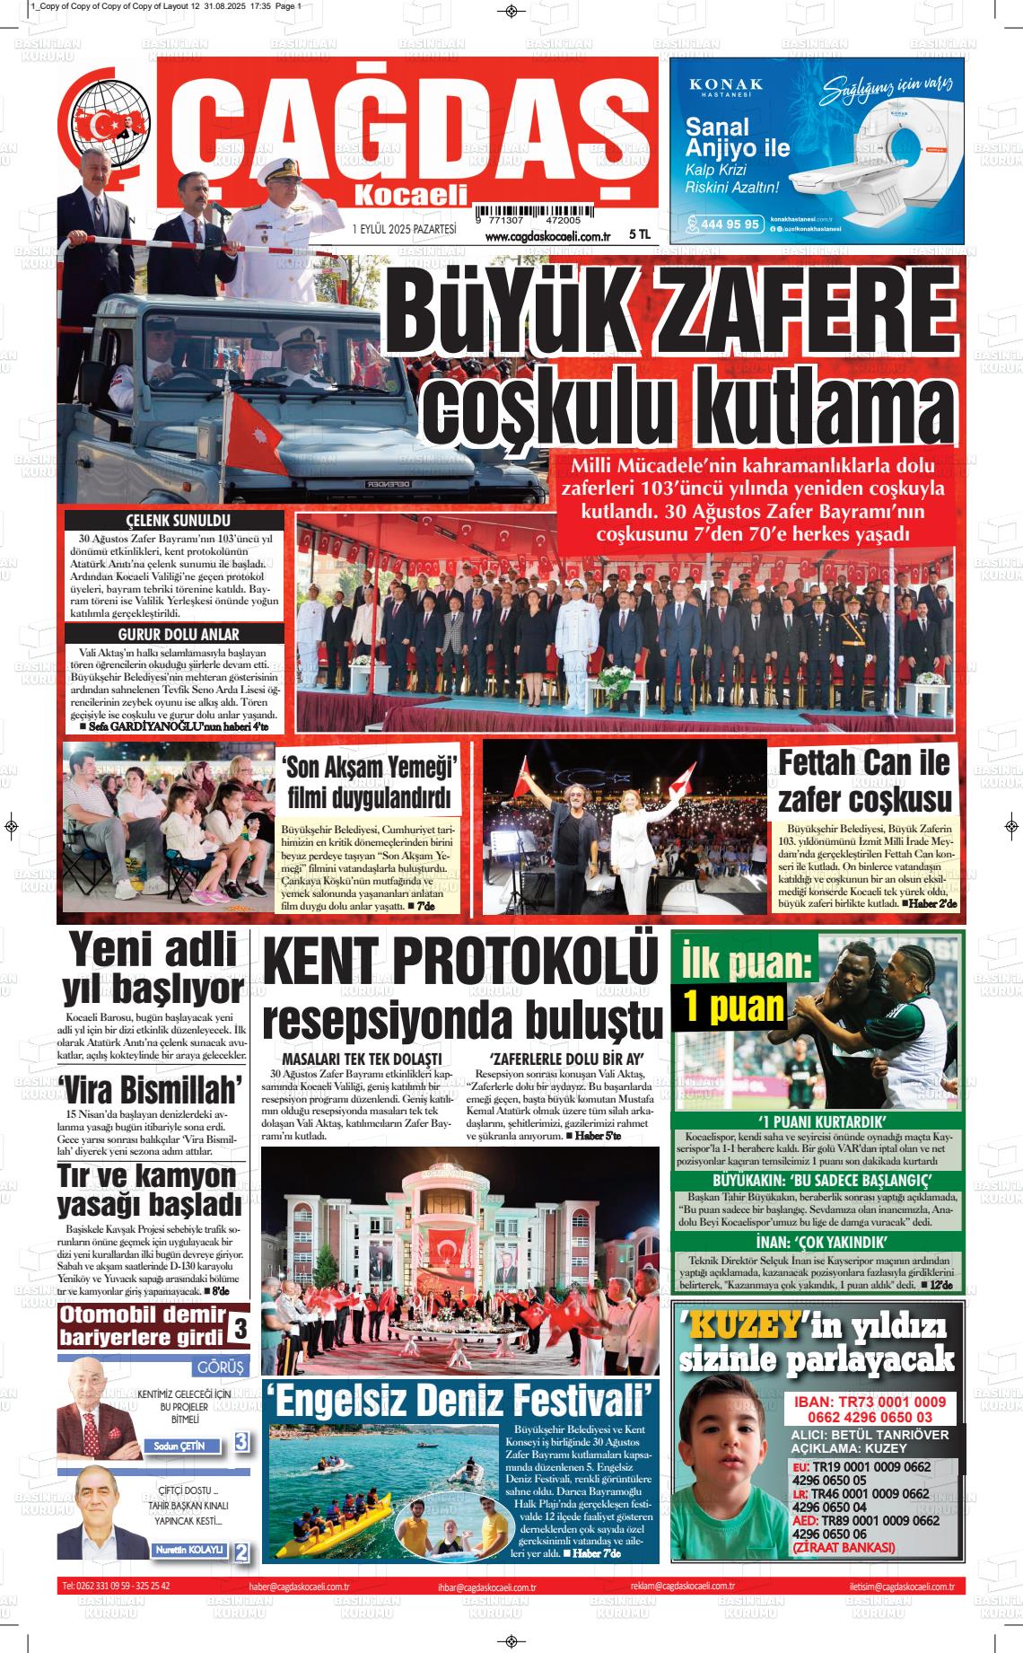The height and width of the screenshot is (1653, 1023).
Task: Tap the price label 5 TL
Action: point(639,234)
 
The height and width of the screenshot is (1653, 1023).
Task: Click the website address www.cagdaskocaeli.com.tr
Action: point(546,236)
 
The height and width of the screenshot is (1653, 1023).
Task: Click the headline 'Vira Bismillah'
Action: point(151,1089)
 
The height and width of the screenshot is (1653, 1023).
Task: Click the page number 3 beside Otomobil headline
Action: point(240,1327)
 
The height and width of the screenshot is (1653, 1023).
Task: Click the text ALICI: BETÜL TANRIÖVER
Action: point(869,1435)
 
